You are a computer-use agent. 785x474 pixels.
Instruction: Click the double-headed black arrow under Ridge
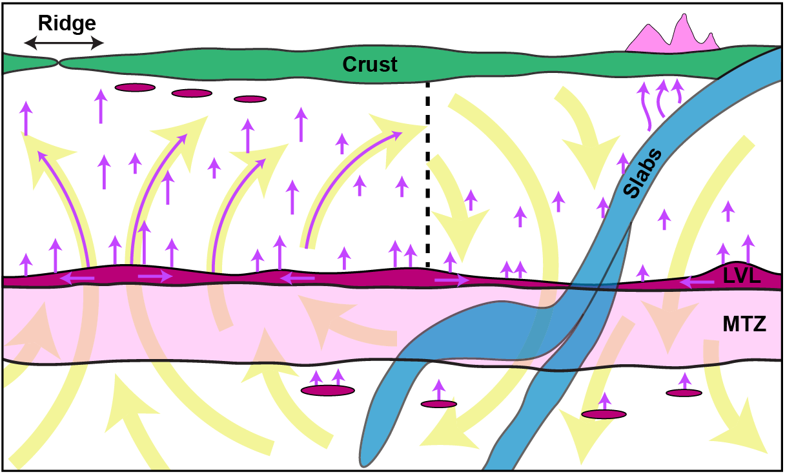click(64, 43)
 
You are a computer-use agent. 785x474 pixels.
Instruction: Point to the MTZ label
click(744, 324)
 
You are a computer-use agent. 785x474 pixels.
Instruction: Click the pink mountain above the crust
click(672, 38)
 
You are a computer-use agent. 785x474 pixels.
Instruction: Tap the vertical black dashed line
click(427, 174)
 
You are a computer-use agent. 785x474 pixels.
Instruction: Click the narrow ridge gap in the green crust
click(58, 63)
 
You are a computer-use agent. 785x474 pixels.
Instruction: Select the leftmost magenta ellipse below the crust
click(134, 87)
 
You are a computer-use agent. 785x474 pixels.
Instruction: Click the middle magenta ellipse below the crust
click(192, 93)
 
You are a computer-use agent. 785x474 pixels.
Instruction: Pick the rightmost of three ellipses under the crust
click(250, 99)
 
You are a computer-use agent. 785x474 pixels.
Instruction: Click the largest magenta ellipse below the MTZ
click(328, 390)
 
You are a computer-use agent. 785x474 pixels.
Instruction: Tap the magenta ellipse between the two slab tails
click(439, 404)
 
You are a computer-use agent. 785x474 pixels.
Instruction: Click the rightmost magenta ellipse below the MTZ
click(684, 393)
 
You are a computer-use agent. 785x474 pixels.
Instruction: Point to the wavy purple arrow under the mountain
click(646, 107)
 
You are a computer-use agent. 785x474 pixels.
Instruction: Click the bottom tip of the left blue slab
click(367, 460)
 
